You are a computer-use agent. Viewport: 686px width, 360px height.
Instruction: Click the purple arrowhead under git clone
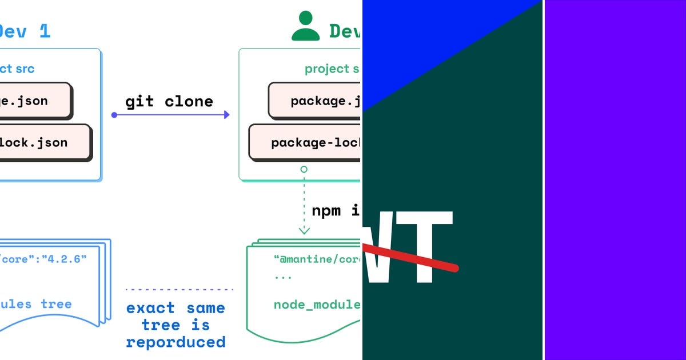click(x=226, y=115)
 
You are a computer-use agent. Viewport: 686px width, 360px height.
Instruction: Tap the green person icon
click(x=306, y=26)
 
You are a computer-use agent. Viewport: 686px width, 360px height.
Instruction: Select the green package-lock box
click(x=305, y=142)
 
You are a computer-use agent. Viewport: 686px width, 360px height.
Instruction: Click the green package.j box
click(x=315, y=101)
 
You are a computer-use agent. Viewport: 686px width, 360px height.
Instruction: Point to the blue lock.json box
click(x=43, y=142)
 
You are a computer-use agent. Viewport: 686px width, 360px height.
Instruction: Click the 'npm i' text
click(x=336, y=210)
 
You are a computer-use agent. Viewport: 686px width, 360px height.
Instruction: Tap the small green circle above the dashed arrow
click(x=304, y=169)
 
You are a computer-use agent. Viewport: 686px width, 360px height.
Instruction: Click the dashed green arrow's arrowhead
click(x=304, y=230)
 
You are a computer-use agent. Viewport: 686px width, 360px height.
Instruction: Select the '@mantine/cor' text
click(x=318, y=259)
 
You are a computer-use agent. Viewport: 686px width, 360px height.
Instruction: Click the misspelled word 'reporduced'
click(x=176, y=342)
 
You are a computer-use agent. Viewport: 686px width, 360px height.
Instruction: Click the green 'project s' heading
click(x=332, y=69)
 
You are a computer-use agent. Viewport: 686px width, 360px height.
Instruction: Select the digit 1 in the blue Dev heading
click(x=45, y=31)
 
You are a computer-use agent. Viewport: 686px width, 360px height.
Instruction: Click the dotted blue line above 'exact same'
click(x=180, y=290)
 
